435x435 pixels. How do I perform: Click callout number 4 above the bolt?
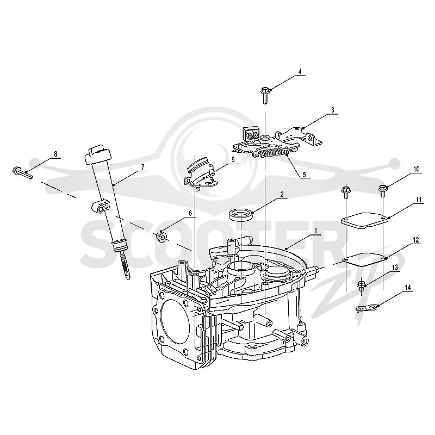point(300,71)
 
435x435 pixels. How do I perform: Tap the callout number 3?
point(333,110)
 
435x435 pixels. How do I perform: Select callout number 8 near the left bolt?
point(55,154)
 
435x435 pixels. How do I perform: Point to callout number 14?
point(407,288)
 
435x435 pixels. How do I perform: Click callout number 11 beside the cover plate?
point(419,200)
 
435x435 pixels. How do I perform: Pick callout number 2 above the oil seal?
point(282,194)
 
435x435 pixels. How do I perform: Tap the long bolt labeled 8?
point(22,172)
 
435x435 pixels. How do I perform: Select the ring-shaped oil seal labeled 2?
point(241,215)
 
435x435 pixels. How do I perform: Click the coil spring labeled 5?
point(274,153)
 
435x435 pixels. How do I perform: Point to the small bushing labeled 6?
point(161,237)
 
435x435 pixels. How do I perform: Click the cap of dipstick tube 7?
point(98,154)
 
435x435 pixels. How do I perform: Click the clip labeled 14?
point(366,308)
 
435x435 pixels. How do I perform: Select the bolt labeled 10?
point(383,191)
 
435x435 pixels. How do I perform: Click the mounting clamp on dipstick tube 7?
point(101,207)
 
